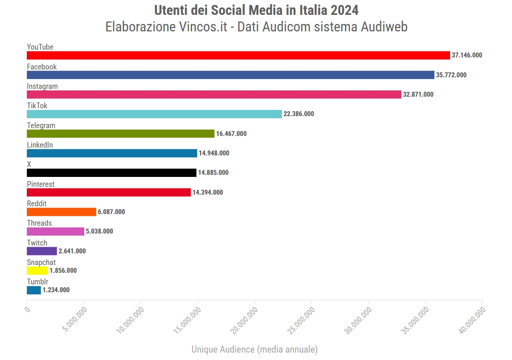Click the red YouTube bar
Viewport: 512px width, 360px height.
(x=238, y=55)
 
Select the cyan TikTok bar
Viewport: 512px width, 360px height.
(x=154, y=114)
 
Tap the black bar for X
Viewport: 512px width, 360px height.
(x=112, y=173)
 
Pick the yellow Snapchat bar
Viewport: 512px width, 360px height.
(x=37, y=271)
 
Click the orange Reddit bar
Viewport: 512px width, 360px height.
(x=61, y=212)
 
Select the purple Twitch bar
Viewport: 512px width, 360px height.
(x=42, y=251)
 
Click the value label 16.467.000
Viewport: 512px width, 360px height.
(x=231, y=134)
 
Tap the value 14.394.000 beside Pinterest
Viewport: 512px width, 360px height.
(x=207, y=193)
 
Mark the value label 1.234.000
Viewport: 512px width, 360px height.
(x=56, y=290)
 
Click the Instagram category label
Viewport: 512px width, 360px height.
(x=42, y=86)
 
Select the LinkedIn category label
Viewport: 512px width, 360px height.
(x=40, y=145)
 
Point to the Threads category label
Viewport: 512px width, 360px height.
(x=39, y=223)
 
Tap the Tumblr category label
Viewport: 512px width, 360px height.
(x=38, y=282)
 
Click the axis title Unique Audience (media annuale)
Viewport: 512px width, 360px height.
(x=255, y=349)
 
